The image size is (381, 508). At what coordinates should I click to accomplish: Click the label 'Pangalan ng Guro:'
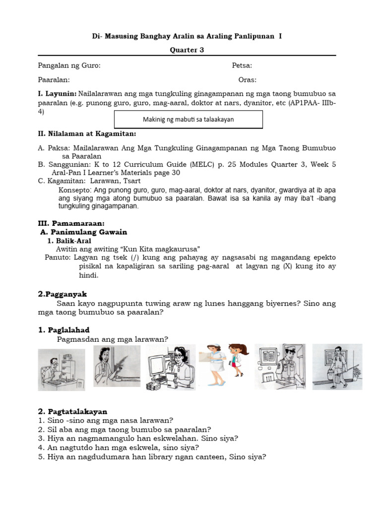[69, 66]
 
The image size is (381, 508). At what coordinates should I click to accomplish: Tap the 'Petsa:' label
[242, 66]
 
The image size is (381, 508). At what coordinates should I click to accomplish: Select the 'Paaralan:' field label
[54, 80]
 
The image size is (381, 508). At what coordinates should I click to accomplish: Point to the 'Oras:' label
[248, 80]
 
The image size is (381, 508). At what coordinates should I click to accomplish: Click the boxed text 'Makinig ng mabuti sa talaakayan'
[188, 120]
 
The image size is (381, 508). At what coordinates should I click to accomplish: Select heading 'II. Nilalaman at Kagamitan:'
[87, 134]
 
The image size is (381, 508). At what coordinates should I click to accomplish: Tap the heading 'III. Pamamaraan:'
[71, 224]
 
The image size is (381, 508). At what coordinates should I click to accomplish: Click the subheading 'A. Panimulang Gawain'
[84, 232]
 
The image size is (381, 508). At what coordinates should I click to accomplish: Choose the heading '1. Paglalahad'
[64, 330]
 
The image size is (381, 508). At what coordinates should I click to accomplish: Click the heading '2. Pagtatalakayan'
[72, 411]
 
